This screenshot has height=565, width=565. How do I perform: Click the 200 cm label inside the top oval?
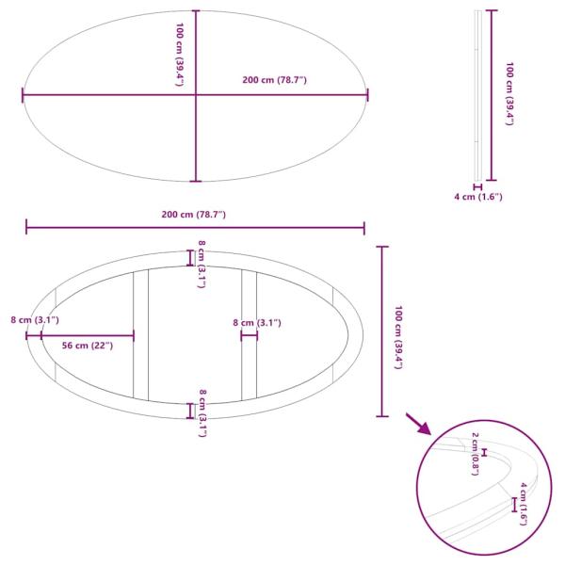[274, 80]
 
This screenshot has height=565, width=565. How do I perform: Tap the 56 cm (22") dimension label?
[87, 346]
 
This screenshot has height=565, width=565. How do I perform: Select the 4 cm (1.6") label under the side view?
[478, 197]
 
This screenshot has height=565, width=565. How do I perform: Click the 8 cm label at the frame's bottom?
[202, 412]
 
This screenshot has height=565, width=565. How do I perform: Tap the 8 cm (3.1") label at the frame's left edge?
[35, 320]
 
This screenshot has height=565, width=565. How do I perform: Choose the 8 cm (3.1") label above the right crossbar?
[257, 323]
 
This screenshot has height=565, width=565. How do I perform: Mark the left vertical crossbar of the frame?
[140, 334]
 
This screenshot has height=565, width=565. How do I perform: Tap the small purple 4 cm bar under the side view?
[478, 186]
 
